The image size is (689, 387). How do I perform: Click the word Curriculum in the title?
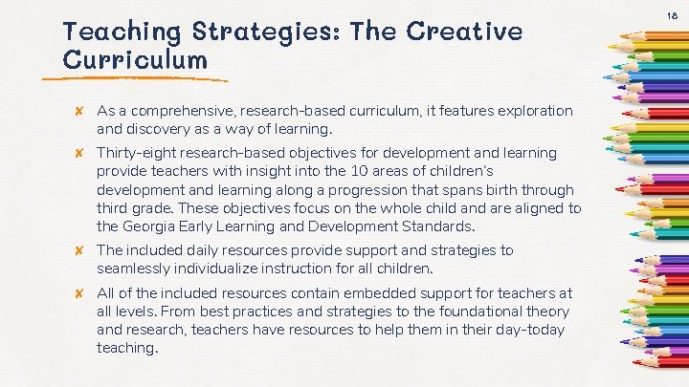[135, 60]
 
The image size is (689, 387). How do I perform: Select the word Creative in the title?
[465, 32]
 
